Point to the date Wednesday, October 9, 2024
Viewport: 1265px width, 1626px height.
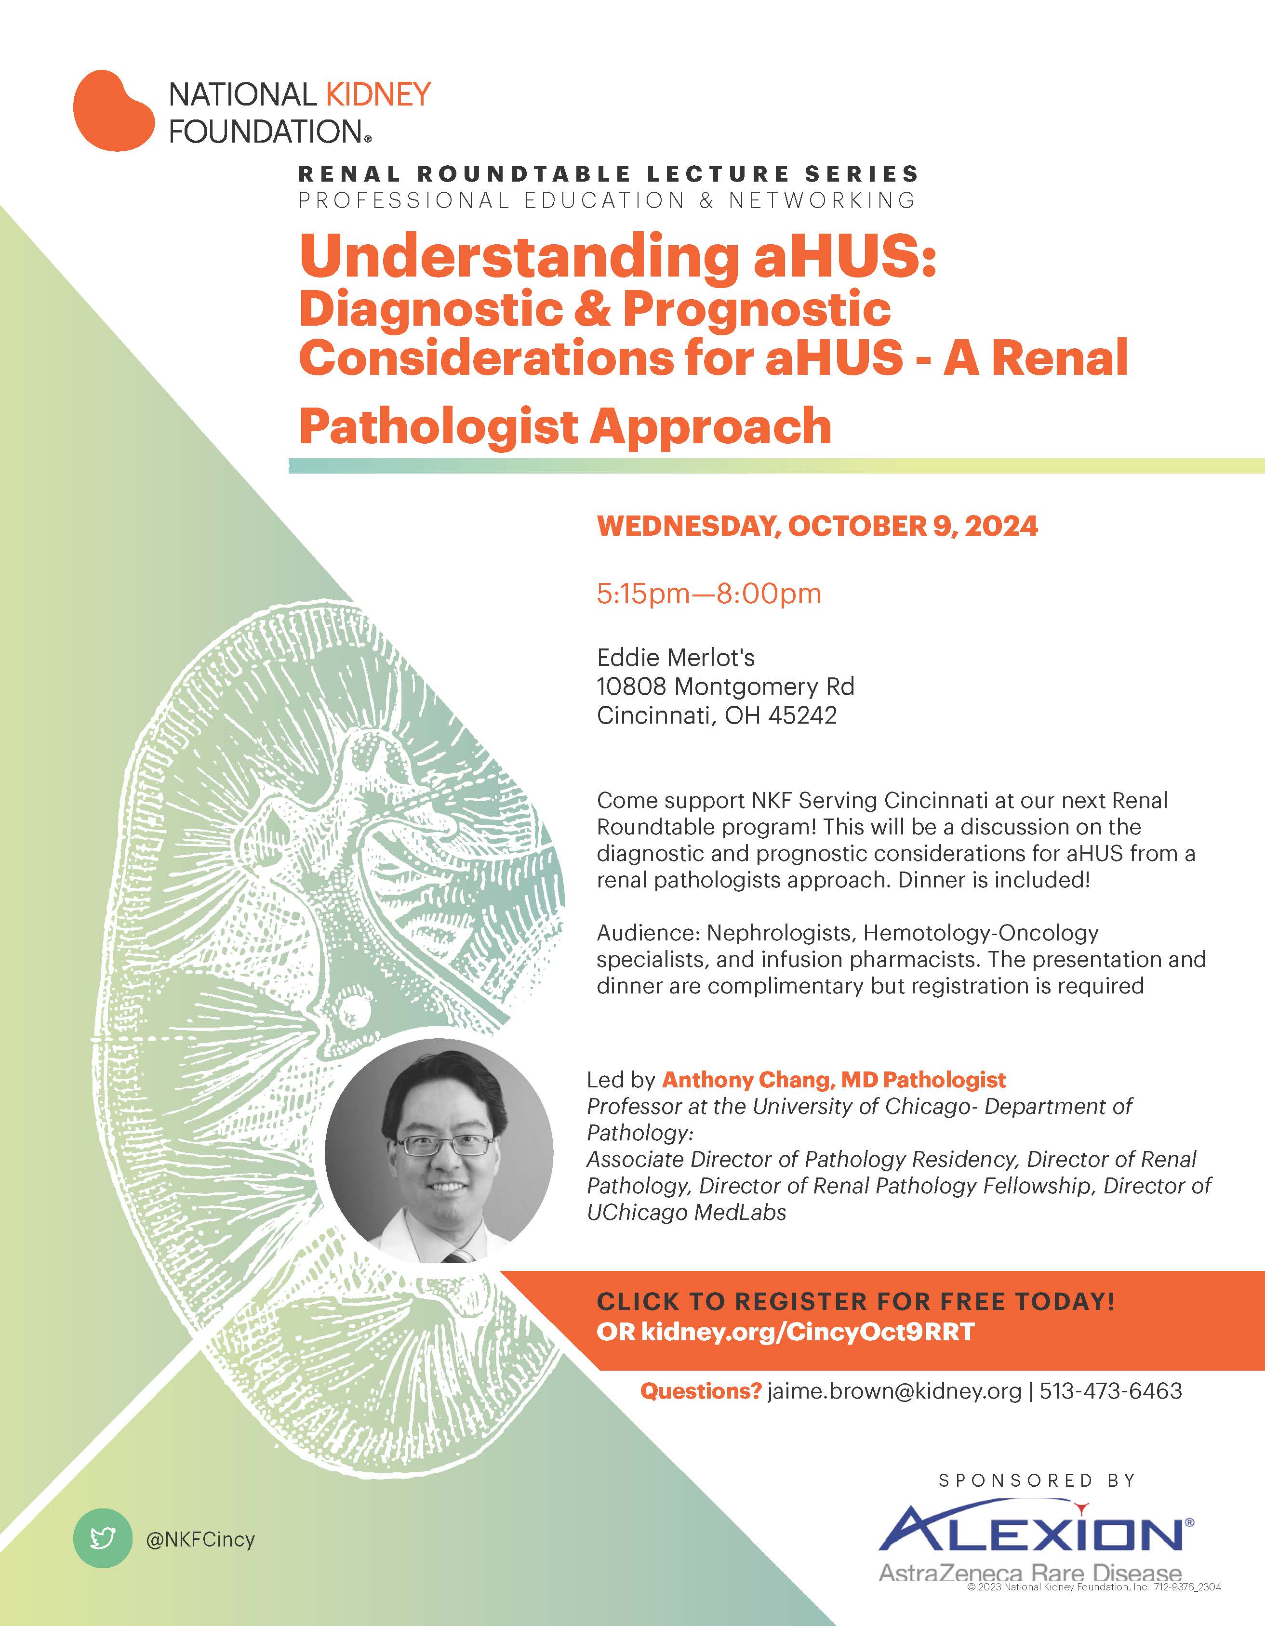coord(817,527)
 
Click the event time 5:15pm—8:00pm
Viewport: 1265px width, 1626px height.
coord(709,594)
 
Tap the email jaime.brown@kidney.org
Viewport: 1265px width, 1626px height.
coord(894,1391)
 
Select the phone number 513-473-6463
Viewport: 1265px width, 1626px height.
coord(1111,1391)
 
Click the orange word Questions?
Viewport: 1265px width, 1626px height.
coord(701,1391)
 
